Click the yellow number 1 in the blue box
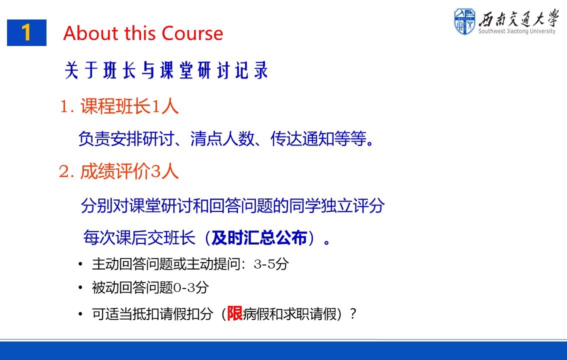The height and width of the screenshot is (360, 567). pyautogui.click(x=26, y=32)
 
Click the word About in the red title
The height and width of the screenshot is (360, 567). pyautogui.click(x=91, y=33)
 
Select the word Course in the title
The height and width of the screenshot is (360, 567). pyautogui.click(x=192, y=33)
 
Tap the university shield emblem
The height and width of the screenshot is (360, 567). pyautogui.click(x=464, y=21)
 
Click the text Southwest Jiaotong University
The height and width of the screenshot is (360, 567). pyautogui.click(x=516, y=31)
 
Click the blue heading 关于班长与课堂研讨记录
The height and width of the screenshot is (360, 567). pyautogui.click(x=166, y=70)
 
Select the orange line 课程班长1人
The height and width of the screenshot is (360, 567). pyautogui.click(x=119, y=106)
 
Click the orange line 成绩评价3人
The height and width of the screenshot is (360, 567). pyautogui.click(x=119, y=171)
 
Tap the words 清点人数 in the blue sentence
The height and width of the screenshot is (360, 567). pyautogui.click(x=222, y=138)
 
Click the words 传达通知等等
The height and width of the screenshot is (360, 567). pyautogui.click(x=318, y=138)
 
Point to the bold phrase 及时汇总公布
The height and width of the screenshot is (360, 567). pyautogui.click(x=259, y=237)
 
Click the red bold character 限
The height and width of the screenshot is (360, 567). pyautogui.click(x=234, y=313)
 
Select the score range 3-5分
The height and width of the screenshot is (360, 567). pyautogui.click(x=271, y=264)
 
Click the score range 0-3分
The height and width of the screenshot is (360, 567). pyautogui.click(x=191, y=287)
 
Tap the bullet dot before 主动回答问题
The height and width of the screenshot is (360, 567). pyautogui.click(x=80, y=264)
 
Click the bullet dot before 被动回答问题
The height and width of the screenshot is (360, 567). pyautogui.click(x=80, y=288)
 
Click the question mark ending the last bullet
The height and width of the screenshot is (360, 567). pyautogui.click(x=353, y=313)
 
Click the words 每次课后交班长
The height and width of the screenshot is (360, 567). pyautogui.click(x=139, y=237)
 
